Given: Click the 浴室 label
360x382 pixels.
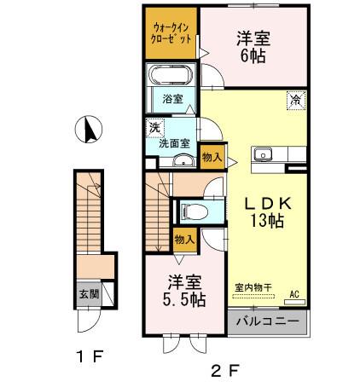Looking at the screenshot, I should (x=171, y=99).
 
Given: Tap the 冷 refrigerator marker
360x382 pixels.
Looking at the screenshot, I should (x=293, y=100).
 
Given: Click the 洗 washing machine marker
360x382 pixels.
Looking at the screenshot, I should (x=155, y=127).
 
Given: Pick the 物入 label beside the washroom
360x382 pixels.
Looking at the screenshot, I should (x=212, y=156).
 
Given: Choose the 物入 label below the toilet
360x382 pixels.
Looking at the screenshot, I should (x=183, y=240).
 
